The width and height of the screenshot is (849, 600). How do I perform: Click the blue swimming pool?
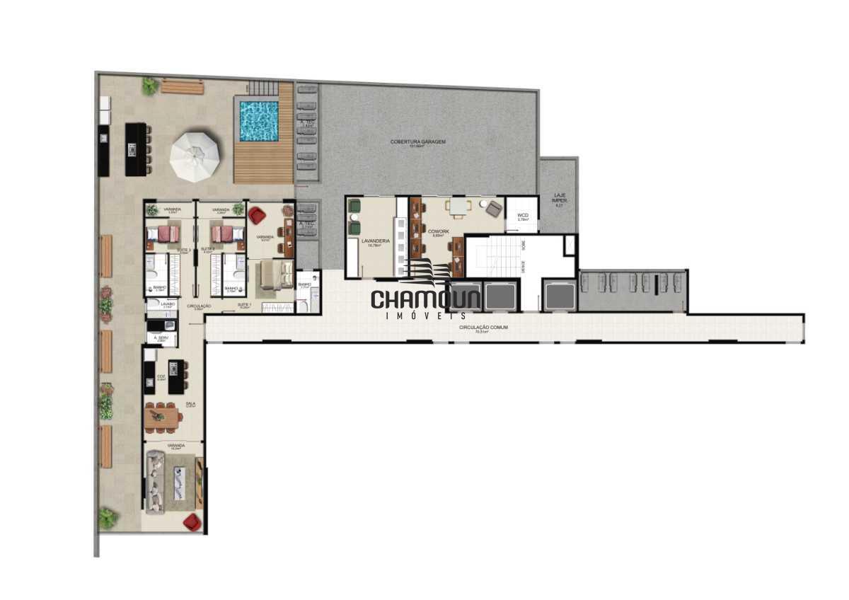coord(258,120)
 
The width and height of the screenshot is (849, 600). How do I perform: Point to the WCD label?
coord(523,215)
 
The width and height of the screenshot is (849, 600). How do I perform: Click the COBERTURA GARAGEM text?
coord(418,142)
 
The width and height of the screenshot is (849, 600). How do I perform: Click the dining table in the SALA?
coord(163,417)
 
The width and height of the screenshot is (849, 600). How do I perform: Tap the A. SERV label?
coord(161,339)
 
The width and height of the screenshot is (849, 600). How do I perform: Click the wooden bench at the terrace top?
coord(182,86)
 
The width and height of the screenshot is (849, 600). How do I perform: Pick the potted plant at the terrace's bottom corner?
coord(108,518)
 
